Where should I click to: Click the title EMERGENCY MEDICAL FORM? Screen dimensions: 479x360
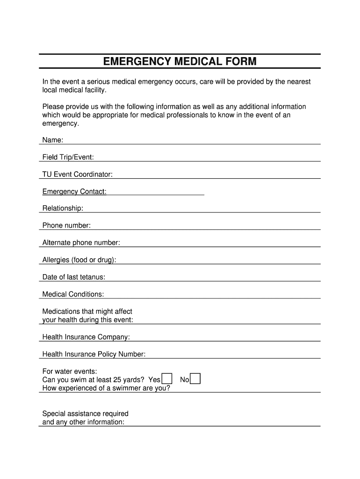tap(180, 62)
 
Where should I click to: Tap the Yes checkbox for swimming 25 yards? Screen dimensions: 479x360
tap(167, 378)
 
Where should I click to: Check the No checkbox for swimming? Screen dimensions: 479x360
tap(195, 378)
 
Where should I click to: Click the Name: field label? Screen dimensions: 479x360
tap(53, 140)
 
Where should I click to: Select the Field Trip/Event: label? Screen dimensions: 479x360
tap(68, 157)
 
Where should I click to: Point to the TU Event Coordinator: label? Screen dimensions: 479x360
tap(78, 174)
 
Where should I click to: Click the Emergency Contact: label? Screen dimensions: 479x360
tap(74, 192)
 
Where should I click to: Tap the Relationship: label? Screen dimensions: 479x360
tap(63, 208)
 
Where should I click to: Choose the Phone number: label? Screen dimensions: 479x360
tap(66, 225)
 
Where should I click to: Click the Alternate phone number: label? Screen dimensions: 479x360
tap(81, 243)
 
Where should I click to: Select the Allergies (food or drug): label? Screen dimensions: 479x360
tap(79, 260)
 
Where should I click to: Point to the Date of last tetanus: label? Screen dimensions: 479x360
tap(74, 277)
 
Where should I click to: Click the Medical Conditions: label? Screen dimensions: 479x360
tap(73, 294)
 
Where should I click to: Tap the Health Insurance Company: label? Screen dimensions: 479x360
tap(86, 337)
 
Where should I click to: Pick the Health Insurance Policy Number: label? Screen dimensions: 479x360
tap(94, 355)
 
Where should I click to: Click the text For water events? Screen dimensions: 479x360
tap(70, 371)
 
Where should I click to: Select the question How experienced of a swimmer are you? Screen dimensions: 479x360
tap(106, 388)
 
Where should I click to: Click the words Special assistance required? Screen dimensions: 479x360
tap(86, 414)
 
